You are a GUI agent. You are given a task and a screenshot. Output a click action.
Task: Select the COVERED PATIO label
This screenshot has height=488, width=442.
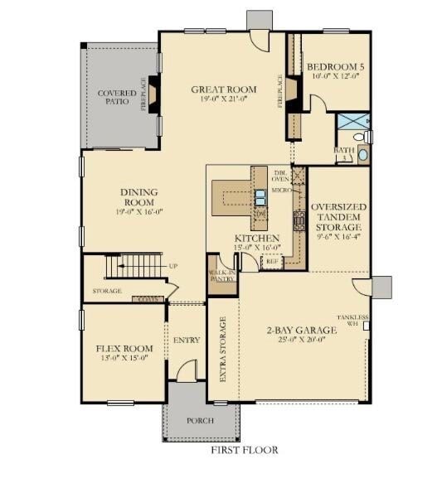pos(117,98)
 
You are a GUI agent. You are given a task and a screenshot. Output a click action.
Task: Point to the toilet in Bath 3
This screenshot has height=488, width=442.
pos(360,137)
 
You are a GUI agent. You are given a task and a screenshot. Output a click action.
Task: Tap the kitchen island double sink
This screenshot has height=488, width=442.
pos(260,197)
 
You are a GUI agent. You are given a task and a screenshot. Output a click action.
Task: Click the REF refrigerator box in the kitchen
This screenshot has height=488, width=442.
pos(270,260)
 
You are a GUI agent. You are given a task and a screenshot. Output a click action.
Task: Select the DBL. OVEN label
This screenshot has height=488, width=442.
pos(279,175)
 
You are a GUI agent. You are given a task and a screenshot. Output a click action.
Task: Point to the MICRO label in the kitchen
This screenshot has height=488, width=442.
pos(279,191)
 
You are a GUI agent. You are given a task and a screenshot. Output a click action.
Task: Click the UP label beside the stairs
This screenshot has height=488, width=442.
pos(173,266)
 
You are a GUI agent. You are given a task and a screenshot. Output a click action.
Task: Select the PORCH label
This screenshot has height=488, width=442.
pos(199,421)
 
